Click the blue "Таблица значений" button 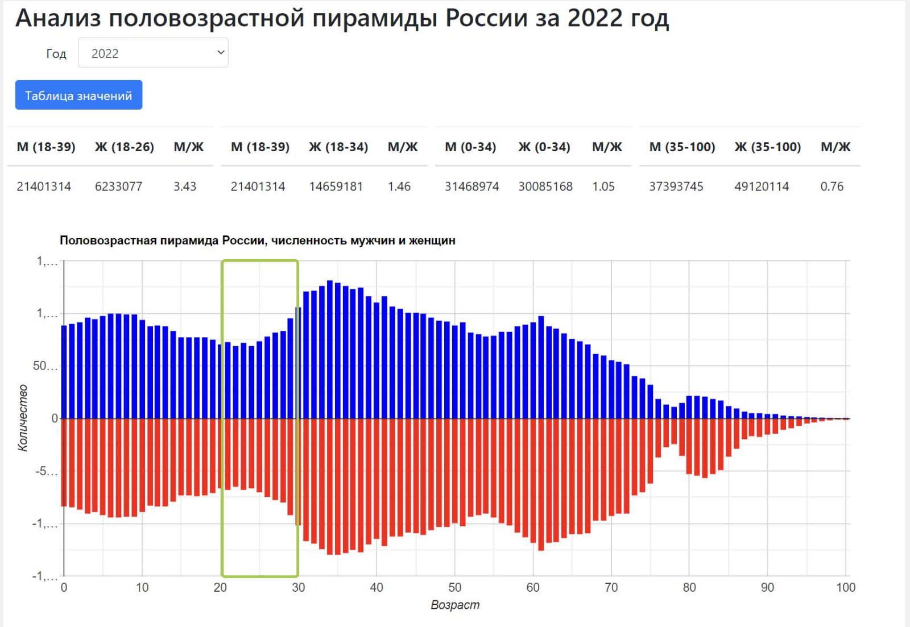tap(78, 95)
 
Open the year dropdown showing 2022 tap(153, 53)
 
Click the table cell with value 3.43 tap(185, 186)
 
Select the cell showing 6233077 tap(118, 186)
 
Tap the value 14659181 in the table tap(336, 186)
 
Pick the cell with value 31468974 tap(471, 186)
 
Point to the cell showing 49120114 tap(762, 186)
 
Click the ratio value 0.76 tap(832, 186)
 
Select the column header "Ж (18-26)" tap(124, 147)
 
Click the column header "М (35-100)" tap(682, 147)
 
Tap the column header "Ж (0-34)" tap(544, 147)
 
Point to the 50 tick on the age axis tap(454, 587)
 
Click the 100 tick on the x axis tap(845, 587)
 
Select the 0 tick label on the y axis tap(55, 418)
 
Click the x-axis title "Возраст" tap(454, 605)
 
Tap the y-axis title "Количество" tap(23, 418)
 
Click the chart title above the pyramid tap(257, 240)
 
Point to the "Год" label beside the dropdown tap(56, 53)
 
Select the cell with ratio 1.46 tap(399, 186)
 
